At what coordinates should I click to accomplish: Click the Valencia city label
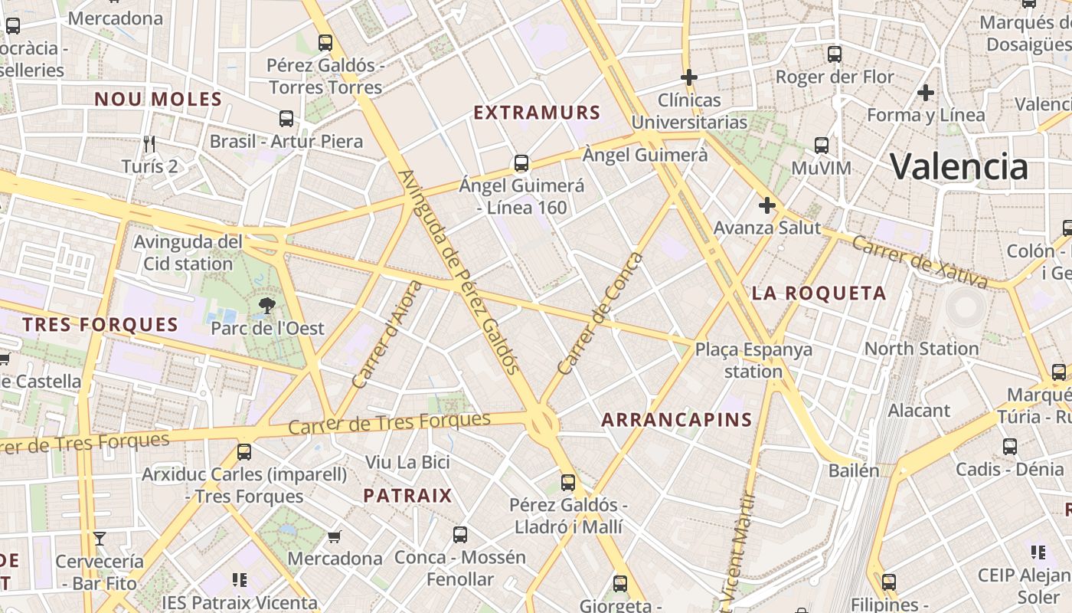tap(959, 166)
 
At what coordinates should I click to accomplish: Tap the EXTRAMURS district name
tap(537, 113)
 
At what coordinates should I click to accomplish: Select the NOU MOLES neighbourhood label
tap(158, 99)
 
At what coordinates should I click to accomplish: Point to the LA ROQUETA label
tap(819, 293)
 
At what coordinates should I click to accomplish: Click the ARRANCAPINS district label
tap(677, 419)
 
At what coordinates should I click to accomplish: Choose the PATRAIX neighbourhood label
tap(407, 495)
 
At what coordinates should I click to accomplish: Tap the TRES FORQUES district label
tap(100, 324)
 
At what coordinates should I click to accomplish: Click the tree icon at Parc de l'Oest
tap(267, 306)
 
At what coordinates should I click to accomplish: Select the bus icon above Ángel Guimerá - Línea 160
tap(521, 162)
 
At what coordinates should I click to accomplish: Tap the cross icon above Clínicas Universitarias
tap(689, 77)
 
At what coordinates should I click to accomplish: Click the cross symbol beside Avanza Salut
tap(766, 205)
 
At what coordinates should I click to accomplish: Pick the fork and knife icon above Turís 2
tap(149, 143)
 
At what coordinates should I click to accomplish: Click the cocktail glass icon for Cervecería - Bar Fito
tap(100, 539)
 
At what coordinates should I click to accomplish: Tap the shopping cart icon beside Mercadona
tap(334, 536)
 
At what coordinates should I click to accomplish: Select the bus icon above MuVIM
tap(822, 145)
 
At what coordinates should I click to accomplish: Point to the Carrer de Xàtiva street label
tap(920, 261)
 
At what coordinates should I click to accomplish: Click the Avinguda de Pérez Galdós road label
tap(460, 272)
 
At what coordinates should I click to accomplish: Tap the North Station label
tap(921, 348)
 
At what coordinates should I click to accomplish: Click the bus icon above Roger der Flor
tap(835, 54)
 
